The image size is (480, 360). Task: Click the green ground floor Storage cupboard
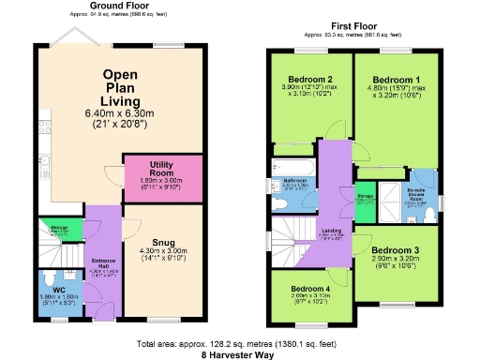click(x=61, y=230)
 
